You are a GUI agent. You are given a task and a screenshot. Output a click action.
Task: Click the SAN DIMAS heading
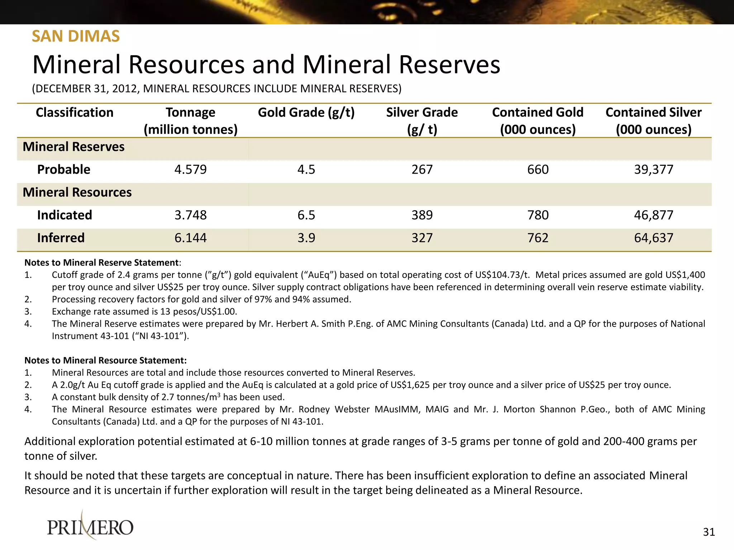[76, 36]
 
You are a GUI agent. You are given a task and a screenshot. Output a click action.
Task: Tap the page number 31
[709, 532]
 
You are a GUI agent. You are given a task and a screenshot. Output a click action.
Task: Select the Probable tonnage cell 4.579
[190, 169]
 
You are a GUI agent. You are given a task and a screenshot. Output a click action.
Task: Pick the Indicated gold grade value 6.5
[306, 215]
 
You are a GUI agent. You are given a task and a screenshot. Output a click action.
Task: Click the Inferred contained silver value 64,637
[653, 238]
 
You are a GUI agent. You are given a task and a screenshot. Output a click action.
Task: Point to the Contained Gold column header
[538, 121]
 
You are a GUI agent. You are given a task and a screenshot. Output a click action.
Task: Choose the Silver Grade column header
[422, 121]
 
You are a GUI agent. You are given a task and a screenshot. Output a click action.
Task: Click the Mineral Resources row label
[77, 192]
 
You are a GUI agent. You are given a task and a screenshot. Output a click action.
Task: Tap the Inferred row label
[61, 238]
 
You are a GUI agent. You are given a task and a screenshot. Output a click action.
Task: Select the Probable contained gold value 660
[538, 169]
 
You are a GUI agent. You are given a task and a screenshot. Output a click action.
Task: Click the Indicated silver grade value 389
[422, 215]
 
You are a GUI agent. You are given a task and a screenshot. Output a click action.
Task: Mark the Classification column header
[75, 112]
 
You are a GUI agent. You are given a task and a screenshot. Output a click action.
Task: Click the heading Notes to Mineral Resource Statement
[105, 360]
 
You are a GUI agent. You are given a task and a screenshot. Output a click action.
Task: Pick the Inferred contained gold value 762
[538, 238]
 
